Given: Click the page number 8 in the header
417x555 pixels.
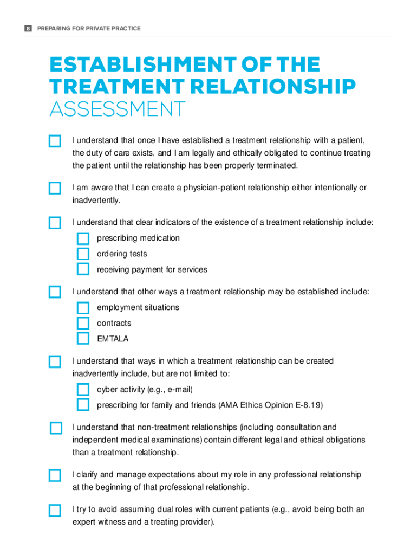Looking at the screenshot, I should pyautogui.click(x=28, y=28).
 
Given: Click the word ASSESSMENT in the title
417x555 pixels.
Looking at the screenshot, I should pyautogui.click(x=117, y=110).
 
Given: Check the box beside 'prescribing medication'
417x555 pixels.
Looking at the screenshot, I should pyautogui.click(x=83, y=238).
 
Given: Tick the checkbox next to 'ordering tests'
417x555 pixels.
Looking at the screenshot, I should pyautogui.click(x=83, y=254).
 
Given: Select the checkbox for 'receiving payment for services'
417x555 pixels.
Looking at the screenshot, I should pyautogui.click(x=83, y=269).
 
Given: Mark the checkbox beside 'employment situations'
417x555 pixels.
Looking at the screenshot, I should pyautogui.click(x=83, y=308).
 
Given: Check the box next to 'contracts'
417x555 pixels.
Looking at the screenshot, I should pyautogui.click(x=83, y=323).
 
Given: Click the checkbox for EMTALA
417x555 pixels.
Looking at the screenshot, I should pyautogui.click(x=83, y=339).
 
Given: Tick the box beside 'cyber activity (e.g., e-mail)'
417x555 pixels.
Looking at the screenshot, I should pyautogui.click(x=83, y=390).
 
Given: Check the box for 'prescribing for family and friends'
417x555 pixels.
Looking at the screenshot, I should pyautogui.click(x=83, y=405).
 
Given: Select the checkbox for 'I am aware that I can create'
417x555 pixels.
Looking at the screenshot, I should pyautogui.click(x=55, y=188).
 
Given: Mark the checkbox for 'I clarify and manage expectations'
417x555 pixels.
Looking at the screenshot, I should pyautogui.click(x=55, y=475).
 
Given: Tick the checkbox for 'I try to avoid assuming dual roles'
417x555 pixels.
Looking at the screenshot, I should pyautogui.click(x=55, y=510).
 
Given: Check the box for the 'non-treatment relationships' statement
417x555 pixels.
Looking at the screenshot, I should pyautogui.click(x=56, y=428).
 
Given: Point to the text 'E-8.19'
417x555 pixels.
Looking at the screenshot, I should pyautogui.click(x=309, y=405).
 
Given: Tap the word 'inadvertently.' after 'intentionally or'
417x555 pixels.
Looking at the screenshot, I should pyautogui.click(x=96, y=200).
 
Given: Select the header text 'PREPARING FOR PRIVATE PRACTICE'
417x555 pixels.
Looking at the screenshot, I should pyautogui.click(x=89, y=28).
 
